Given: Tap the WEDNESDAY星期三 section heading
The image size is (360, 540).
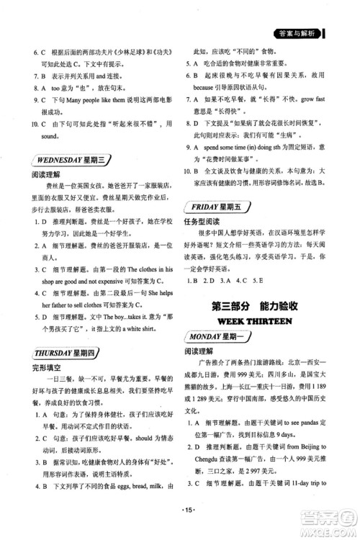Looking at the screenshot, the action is click(58, 160).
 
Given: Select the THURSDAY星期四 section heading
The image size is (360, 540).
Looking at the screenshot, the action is click(56, 352).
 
